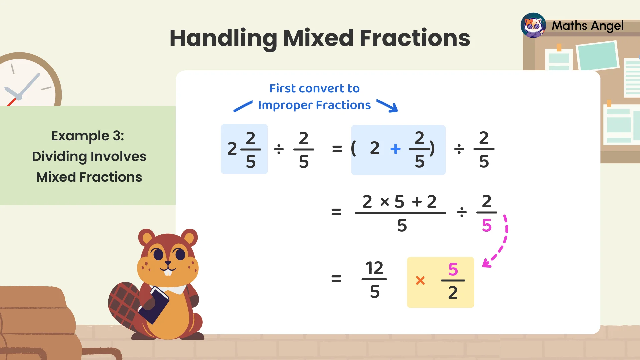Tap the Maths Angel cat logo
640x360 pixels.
click(x=533, y=25)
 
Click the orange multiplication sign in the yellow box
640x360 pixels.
click(x=420, y=280)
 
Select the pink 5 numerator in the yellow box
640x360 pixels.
click(x=453, y=269)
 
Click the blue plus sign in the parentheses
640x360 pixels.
click(x=395, y=149)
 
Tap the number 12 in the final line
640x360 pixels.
click(x=374, y=268)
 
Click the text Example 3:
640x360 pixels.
click(x=88, y=136)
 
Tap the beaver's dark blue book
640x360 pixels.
click(x=154, y=305)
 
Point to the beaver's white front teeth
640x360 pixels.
click(x=169, y=272)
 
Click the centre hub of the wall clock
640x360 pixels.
click(x=19, y=97)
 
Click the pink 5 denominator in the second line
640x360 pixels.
click(x=487, y=226)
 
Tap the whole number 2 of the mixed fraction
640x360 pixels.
click(x=232, y=149)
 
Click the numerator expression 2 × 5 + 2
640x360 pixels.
click(x=400, y=202)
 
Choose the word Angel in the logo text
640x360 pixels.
click(x=607, y=26)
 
